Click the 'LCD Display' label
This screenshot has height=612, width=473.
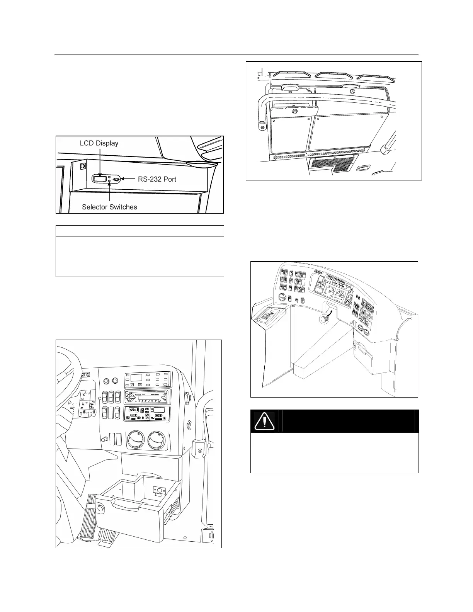[x=99, y=143]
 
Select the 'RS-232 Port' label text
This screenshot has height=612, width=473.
[x=157, y=179]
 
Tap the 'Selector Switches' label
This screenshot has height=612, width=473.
[x=109, y=207]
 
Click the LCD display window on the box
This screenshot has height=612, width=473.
[x=100, y=178]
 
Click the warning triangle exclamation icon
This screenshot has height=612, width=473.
[x=264, y=421]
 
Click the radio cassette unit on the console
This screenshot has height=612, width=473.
[x=147, y=397]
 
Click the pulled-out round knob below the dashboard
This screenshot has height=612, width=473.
[x=324, y=319]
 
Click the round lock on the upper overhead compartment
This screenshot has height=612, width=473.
[x=352, y=92]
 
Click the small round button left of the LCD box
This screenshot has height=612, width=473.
[x=82, y=167]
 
